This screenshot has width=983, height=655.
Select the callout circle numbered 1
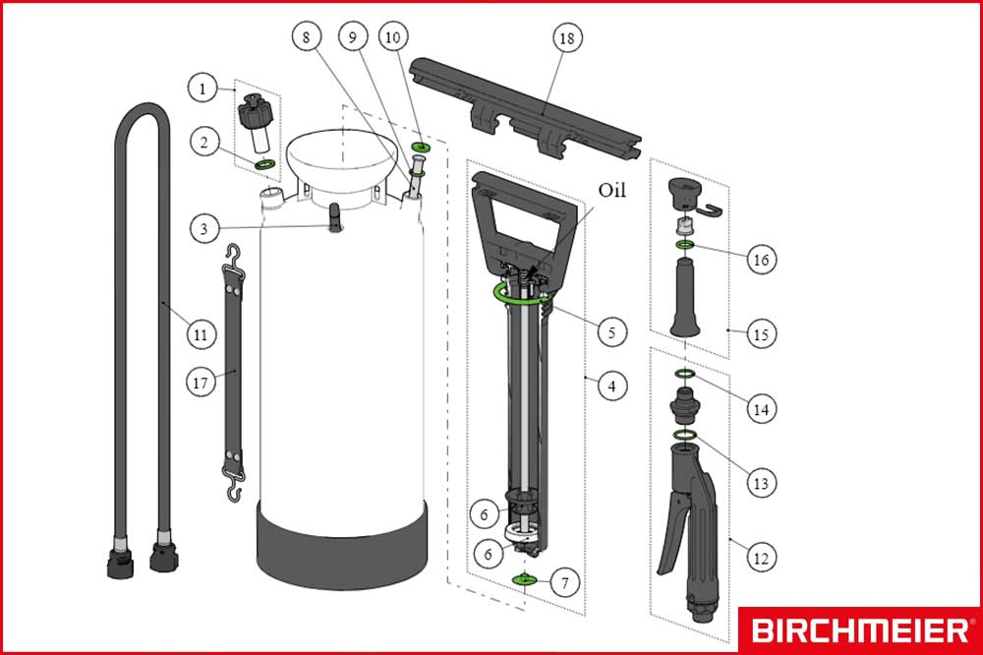(202, 89)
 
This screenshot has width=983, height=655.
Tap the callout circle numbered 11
(202, 334)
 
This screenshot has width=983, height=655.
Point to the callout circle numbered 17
(202, 384)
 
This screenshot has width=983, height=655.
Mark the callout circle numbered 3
(202, 229)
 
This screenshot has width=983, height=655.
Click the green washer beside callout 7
(528, 579)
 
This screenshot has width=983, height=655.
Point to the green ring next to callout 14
(685, 374)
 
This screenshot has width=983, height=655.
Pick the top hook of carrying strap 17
(234, 257)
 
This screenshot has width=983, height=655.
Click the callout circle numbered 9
(350, 36)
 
